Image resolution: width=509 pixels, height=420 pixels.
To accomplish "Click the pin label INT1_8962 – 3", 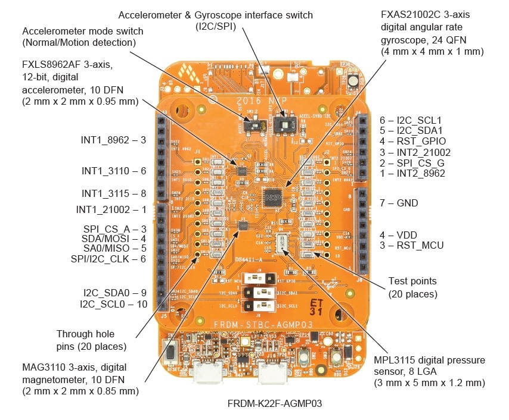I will (113, 140).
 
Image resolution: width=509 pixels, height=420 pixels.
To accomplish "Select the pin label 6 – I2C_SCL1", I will (410, 120).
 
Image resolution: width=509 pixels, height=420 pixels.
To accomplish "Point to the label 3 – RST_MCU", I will (412, 245).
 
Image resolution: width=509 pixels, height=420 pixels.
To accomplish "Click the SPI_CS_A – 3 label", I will (115, 229).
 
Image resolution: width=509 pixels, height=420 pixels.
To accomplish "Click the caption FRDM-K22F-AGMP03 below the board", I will (275, 404).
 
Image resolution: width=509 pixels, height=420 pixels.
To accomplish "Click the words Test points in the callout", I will (412, 281).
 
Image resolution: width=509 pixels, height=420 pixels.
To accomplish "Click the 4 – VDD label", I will (404, 234).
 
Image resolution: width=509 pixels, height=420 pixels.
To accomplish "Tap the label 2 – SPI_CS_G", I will (412, 163).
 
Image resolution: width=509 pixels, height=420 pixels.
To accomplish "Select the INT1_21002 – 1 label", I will (111, 209).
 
